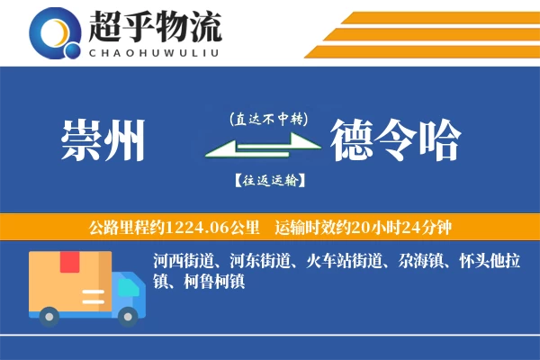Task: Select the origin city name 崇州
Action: click(x=103, y=140)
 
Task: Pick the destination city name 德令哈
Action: click(x=395, y=140)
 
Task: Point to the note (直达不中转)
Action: click(x=268, y=118)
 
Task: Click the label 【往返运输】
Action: click(x=268, y=180)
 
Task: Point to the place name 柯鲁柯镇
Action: click(x=208, y=282)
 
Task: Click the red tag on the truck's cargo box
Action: click(x=69, y=262)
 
